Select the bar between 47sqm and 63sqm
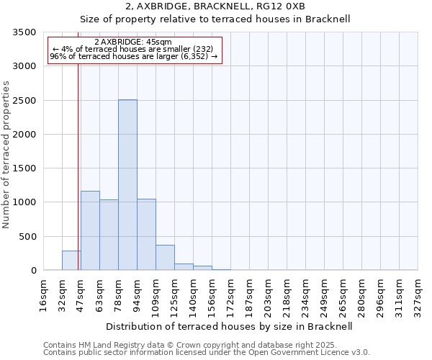coord(90,230)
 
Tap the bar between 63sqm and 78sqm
coord(109,235)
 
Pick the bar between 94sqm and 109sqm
coord(146,235)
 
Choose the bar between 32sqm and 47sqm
coord(71,261)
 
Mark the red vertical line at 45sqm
coord(78,180)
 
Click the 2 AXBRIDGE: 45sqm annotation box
coord(135,50)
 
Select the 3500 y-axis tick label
coord(26,32)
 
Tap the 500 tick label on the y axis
coord(29,237)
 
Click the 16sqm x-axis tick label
coord(44,294)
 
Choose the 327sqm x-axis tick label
coord(418,294)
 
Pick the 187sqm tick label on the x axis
coord(250,294)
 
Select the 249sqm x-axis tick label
coord(325,294)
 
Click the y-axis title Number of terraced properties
coord(7,155)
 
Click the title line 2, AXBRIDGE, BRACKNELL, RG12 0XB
coord(215,6)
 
